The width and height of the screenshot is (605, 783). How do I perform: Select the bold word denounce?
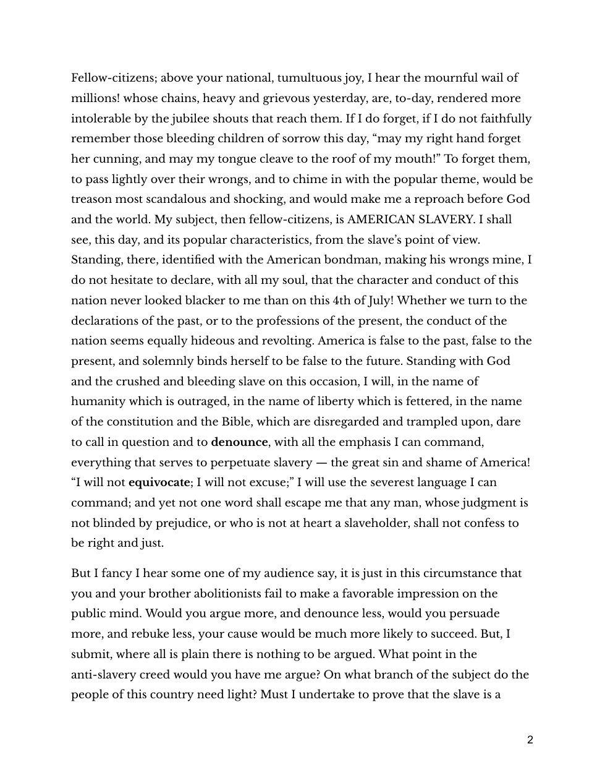pyautogui.click(x=239, y=442)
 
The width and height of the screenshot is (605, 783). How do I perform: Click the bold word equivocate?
pyautogui.click(x=159, y=482)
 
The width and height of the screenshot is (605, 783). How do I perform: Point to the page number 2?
pyautogui.click(x=530, y=740)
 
